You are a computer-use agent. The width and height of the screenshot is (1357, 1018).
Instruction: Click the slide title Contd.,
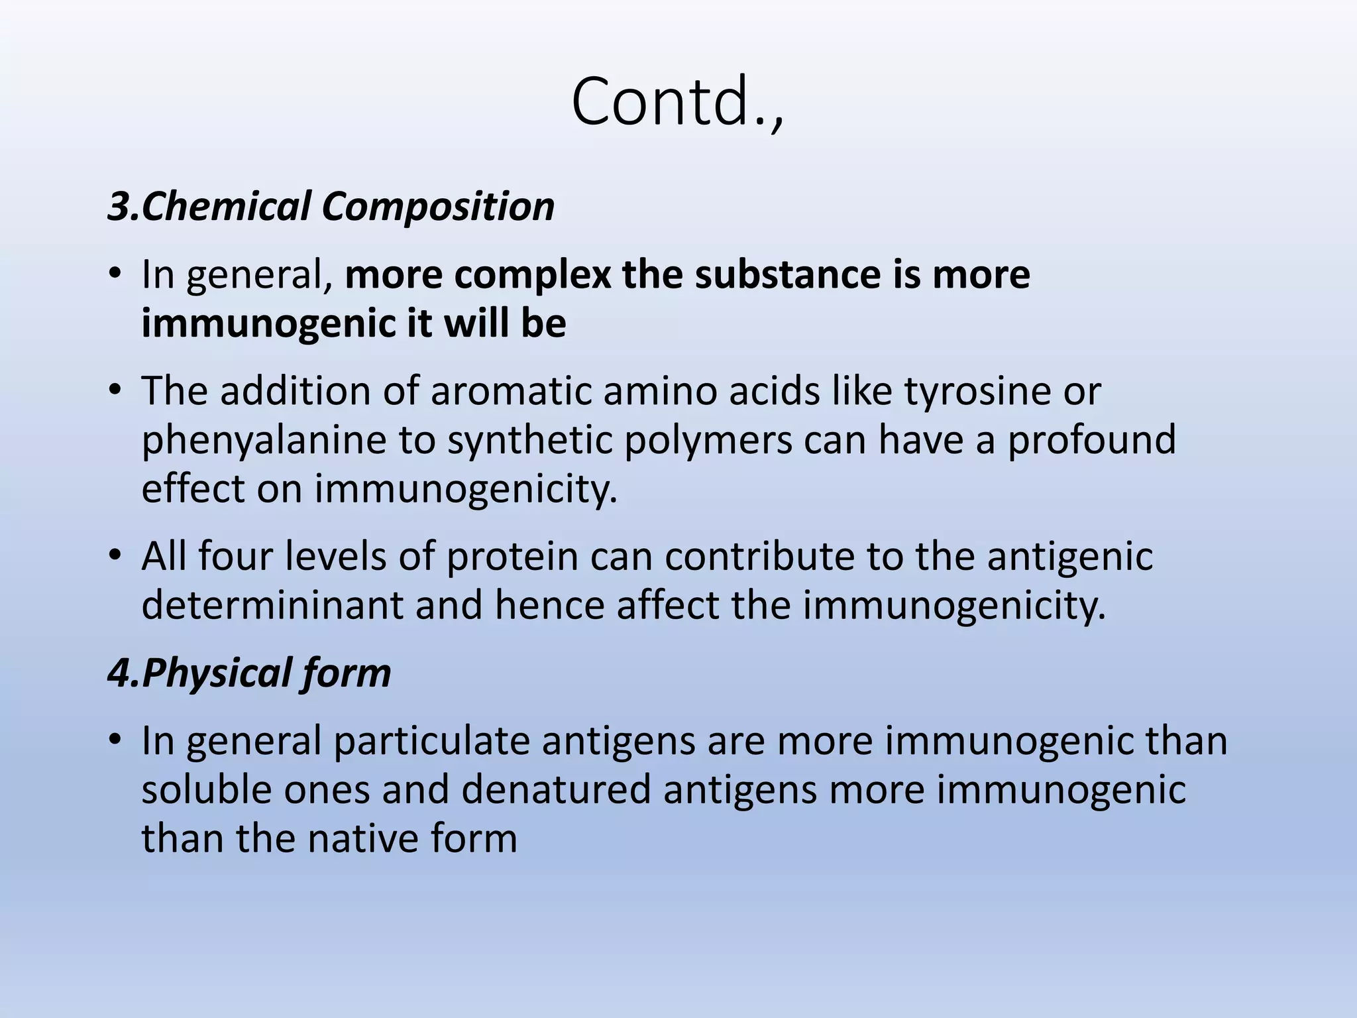coord(677,103)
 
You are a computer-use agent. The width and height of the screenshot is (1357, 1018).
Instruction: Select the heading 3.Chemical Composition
coord(331,206)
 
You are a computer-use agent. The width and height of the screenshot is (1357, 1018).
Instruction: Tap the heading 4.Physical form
coord(249,673)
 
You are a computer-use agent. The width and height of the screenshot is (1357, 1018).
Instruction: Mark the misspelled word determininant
coord(272,605)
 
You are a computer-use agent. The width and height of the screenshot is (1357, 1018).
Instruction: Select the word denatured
coord(556,789)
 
